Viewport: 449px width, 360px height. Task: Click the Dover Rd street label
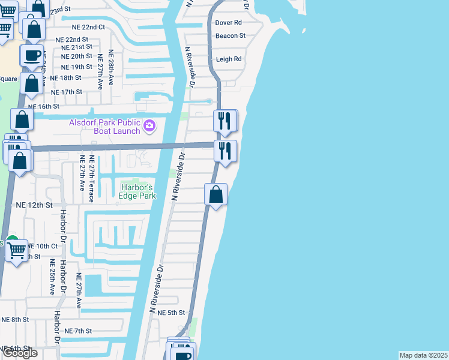(x=228, y=22)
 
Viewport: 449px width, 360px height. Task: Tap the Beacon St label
(x=231, y=35)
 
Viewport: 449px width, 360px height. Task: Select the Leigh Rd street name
(x=228, y=59)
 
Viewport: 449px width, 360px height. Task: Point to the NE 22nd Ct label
(x=85, y=27)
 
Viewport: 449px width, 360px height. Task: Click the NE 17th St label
(x=67, y=92)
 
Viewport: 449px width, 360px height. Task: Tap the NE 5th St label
(x=167, y=313)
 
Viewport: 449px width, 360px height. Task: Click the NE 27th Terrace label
(x=91, y=173)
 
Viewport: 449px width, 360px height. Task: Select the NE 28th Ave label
(x=111, y=66)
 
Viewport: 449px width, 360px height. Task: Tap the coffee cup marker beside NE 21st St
(x=32, y=56)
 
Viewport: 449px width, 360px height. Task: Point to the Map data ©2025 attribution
(x=423, y=355)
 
